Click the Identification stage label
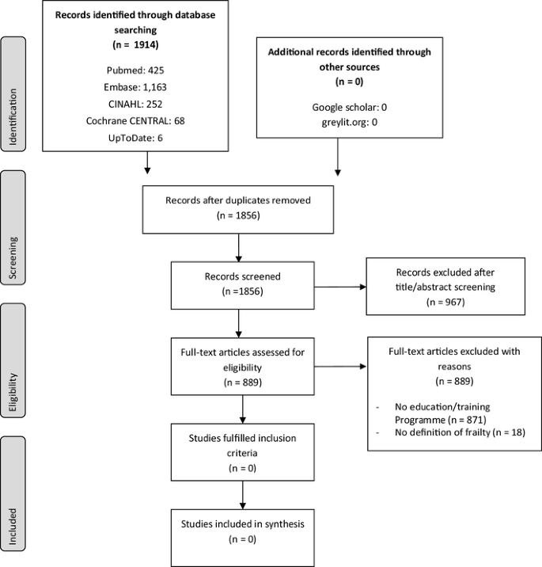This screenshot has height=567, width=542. (13, 94)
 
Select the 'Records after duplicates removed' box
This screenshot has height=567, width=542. (237, 207)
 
